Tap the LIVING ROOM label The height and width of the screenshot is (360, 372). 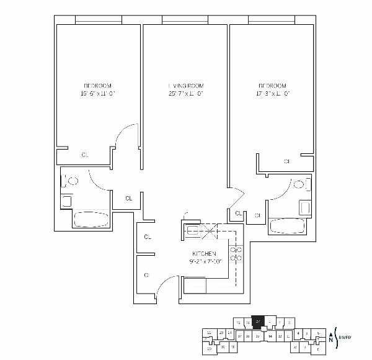pyautogui.click(x=186, y=86)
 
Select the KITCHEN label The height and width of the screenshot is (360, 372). pyautogui.click(x=204, y=254)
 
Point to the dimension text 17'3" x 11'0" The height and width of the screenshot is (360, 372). pyautogui.click(x=273, y=94)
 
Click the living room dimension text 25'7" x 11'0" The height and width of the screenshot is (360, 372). pyautogui.click(x=186, y=94)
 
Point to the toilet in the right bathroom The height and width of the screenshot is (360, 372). pyautogui.click(x=301, y=184)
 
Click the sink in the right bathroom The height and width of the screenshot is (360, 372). pyautogui.click(x=304, y=207)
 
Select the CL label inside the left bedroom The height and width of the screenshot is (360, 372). pyautogui.click(x=85, y=155)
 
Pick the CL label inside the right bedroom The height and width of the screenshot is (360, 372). pyautogui.click(x=287, y=161)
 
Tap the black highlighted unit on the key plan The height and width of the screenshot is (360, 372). pyautogui.click(x=258, y=322)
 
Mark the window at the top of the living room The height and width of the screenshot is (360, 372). pyautogui.click(x=185, y=20)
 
